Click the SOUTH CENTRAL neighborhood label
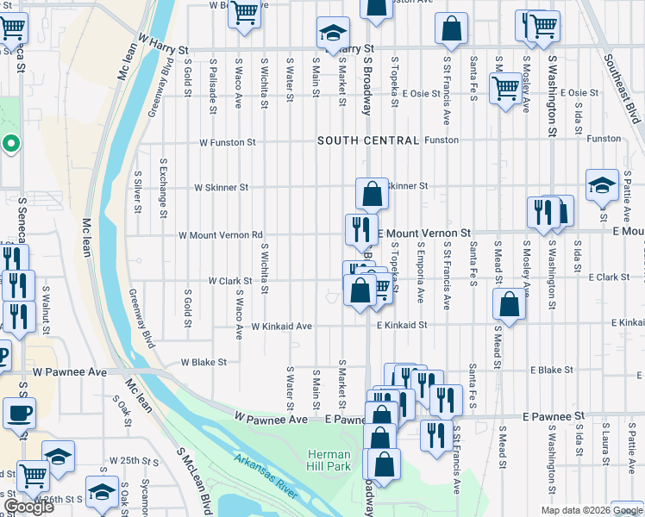pyautogui.click(x=368, y=140)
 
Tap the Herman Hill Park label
pyautogui.click(x=329, y=461)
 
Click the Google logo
pyautogui.click(x=28, y=507)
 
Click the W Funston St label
pyautogui.click(x=228, y=142)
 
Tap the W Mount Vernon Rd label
pyautogui.click(x=220, y=235)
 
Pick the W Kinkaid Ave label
pyautogui.click(x=281, y=327)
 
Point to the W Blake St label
pyautogui.click(x=203, y=363)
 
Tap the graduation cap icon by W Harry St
pyautogui.click(x=331, y=33)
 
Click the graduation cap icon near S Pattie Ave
pyautogui.click(x=601, y=184)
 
